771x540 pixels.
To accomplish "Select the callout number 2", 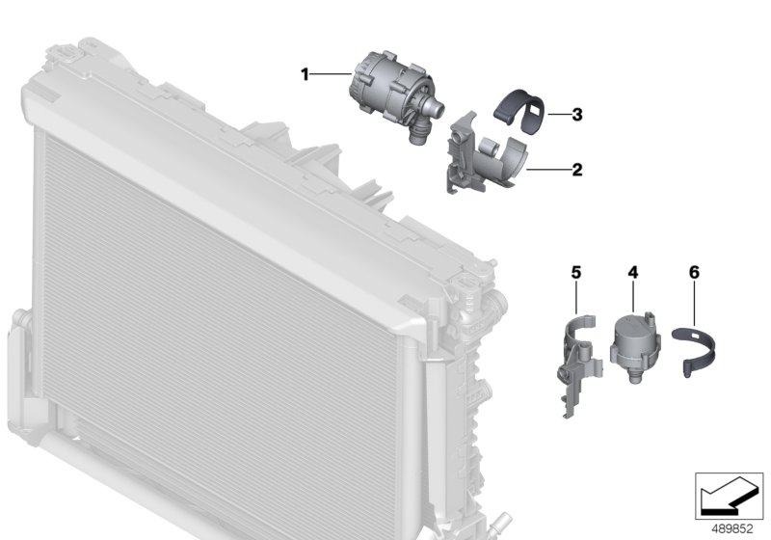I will pyautogui.click(x=576, y=170).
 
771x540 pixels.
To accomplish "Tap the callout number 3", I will pyautogui.click(x=576, y=115).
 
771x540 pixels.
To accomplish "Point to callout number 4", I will pyautogui.click(x=632, y=273).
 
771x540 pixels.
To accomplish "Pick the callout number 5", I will pyautogui.click(x=576, y=273).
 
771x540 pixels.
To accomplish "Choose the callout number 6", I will pyautogui.click(x=694, y=273).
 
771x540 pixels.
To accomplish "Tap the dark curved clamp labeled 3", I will pyautogui.click(x=528, y=117).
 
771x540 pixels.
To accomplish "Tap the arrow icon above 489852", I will pyautogui.click(x=729, y=499).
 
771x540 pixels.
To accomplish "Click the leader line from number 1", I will pyautogui.click(x=332, y=73).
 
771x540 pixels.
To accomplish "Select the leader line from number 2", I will pyautogui.click(x=546, y=170).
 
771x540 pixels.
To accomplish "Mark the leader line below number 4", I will pyautogui.click(x=633, y=294).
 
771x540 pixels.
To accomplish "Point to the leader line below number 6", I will pyautogui.click(x=694, y=302).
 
